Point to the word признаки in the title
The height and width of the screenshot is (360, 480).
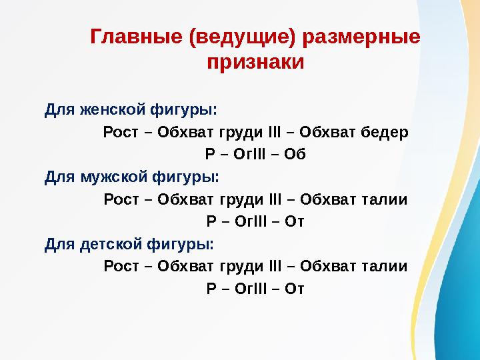tap(255, 63)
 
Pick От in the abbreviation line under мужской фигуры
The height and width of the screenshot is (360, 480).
tap(294, 222)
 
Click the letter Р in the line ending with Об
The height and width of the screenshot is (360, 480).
tap(209, 155)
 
